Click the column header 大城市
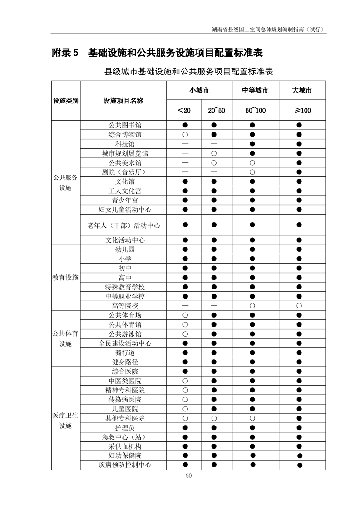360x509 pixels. (x=302, y=90)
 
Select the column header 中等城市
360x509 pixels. (x=255, y=90)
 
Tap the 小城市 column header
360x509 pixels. (x=199, y=90)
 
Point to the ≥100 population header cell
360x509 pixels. (x=302, y=110)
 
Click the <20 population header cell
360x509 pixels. (x=184, y=110)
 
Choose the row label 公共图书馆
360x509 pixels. (x=125, y=125)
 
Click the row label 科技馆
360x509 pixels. (x=125, y=144)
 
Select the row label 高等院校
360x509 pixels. (x=125, y=306)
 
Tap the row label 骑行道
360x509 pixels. (x=125, y=352)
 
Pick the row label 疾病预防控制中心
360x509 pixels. (x=125, y=465)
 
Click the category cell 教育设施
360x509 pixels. (x=65, y=278)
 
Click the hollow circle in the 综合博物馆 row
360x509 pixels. (x=185, y=135)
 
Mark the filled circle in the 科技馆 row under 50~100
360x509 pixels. (x=252, y=144)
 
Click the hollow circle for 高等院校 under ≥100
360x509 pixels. (x=300, y=306)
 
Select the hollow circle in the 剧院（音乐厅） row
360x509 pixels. (x=252, y=172)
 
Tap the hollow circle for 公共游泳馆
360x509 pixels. (x=185, y=334)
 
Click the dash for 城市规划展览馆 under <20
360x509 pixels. (x=185, y=153)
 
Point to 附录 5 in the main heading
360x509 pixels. (x=65, y=53)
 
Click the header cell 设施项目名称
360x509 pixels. (x=123, y=101)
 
